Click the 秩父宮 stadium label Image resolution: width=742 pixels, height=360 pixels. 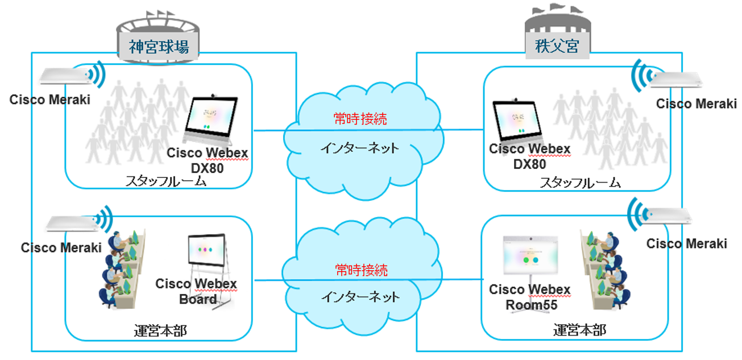[557, 46]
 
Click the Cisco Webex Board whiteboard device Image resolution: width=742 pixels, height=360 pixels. [208, 256]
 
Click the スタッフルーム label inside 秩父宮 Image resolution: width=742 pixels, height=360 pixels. [580, 183]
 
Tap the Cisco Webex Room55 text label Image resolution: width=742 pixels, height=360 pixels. [529, 297]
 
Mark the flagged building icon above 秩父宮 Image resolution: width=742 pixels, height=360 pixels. [557, 23]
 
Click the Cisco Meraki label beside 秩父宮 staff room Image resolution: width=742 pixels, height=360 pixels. [696, 104]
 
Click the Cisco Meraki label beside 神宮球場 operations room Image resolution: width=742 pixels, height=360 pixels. [61, 248]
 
